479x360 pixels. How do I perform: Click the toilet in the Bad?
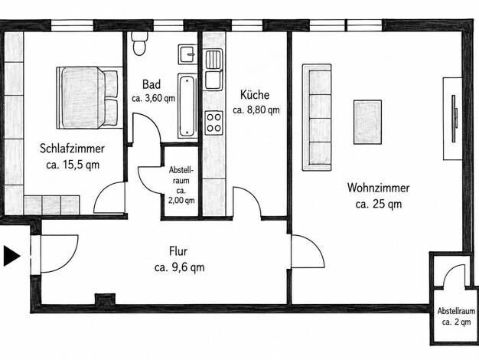point(139,44)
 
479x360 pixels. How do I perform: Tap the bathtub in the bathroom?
point(187,106)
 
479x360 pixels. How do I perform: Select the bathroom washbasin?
point(187,54)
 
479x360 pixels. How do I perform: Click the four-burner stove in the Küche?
point(213,123)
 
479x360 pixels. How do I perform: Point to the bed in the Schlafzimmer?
point(87,97)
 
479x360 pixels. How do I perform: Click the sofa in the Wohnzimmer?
point(317,117)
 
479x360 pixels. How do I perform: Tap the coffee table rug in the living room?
point(367,122)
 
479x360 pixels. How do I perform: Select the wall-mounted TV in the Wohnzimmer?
point(454,119)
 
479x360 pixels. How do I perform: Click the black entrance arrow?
point(11,255)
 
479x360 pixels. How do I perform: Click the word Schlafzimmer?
point(72,149)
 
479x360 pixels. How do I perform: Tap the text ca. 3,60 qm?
point(153,99)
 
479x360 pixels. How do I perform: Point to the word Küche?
point(255,95)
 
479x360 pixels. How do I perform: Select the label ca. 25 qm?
point(379,204)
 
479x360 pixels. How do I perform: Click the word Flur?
point(178,251)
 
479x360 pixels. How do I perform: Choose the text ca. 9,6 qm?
point(180,267)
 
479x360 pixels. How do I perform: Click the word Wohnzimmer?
point(378,188)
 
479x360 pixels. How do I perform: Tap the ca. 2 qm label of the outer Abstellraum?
point(456,322)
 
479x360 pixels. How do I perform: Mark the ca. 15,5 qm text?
point(73,165)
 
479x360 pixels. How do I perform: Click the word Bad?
point(152,84)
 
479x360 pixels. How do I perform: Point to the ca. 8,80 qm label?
point(256,110)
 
